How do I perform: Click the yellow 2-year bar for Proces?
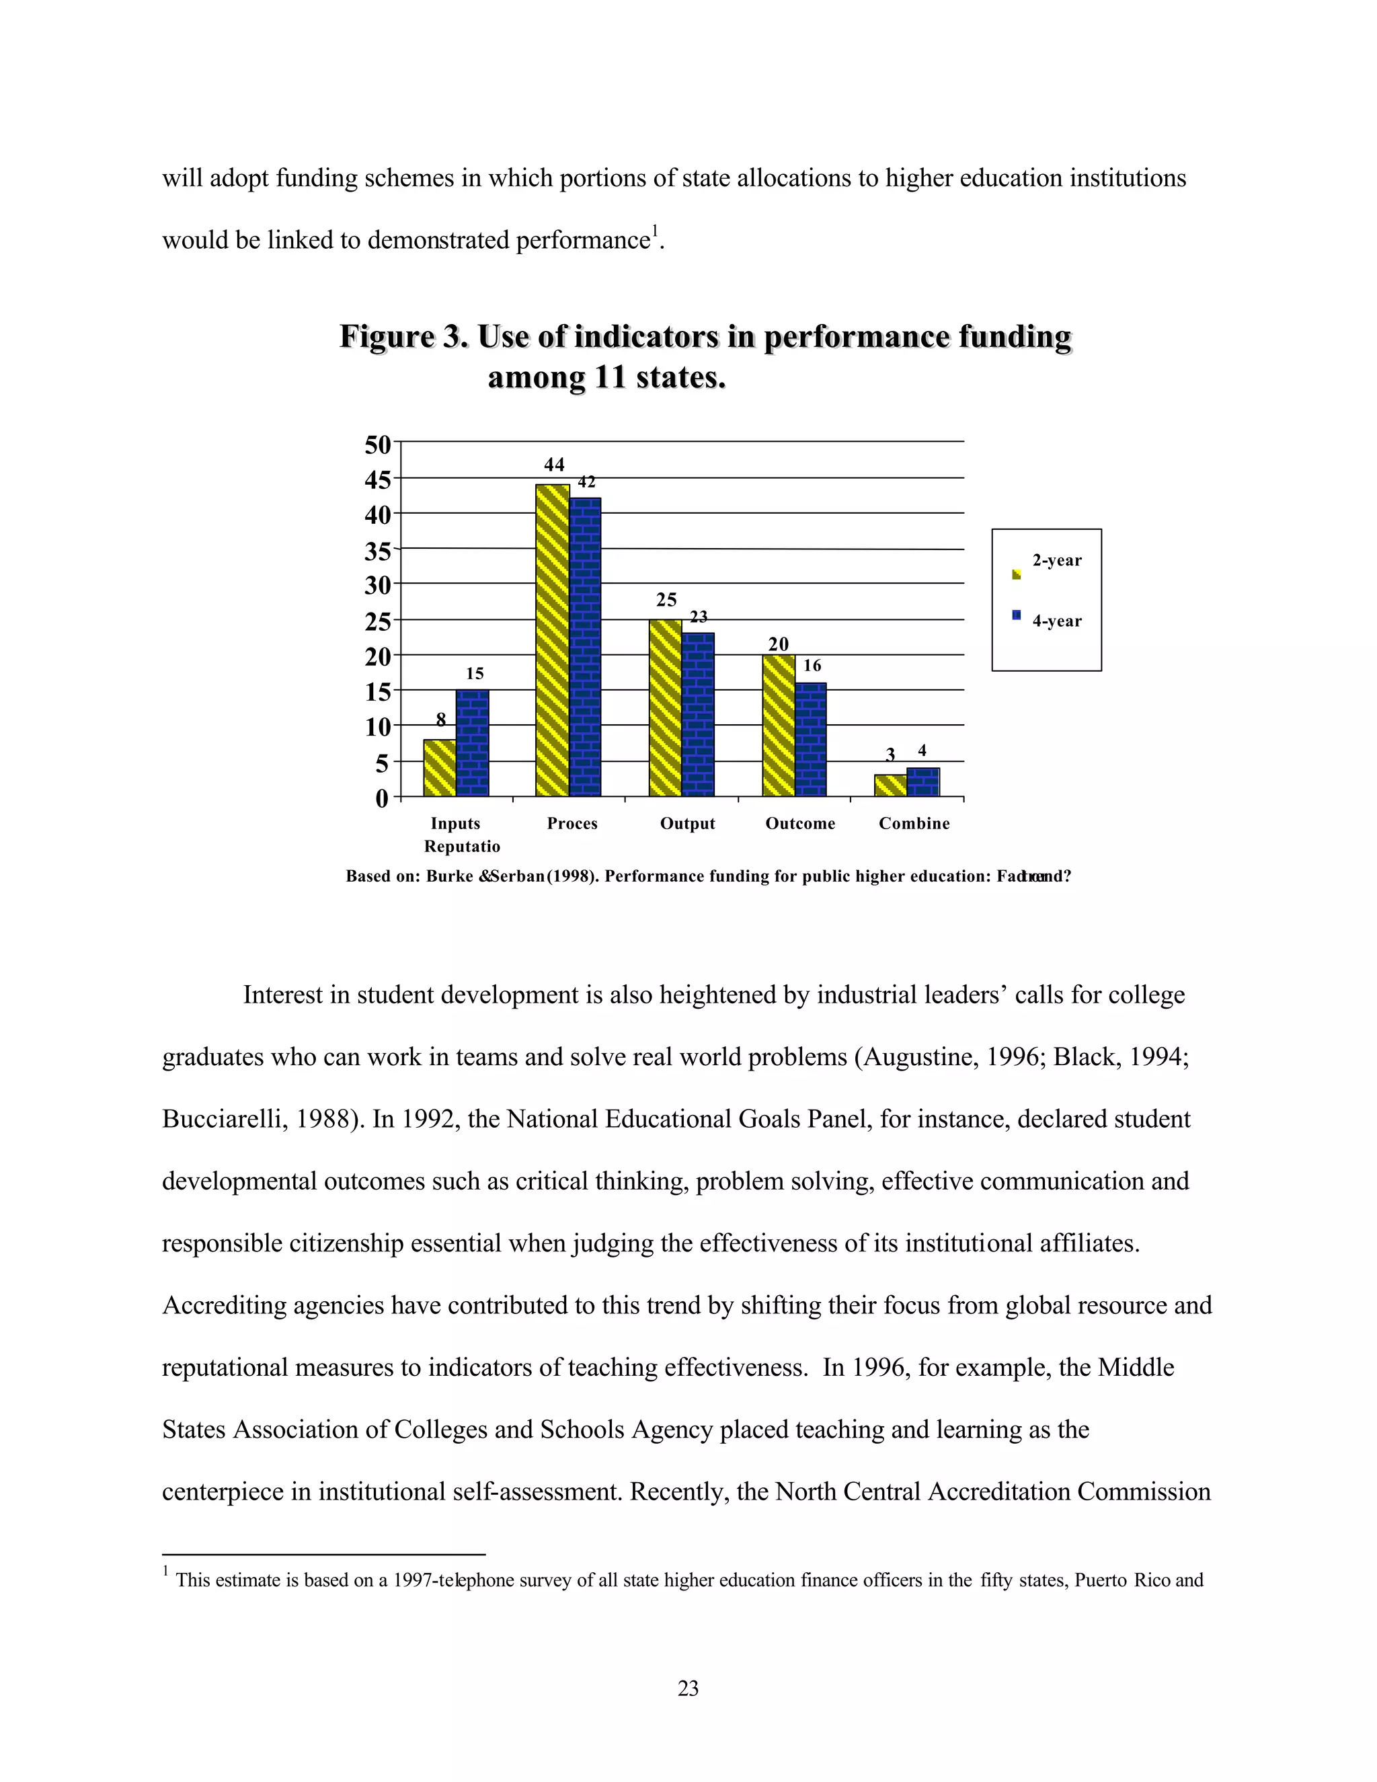pos(552,640)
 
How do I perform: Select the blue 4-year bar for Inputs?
pos(472,742)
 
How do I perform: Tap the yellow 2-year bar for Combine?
pos(890,785)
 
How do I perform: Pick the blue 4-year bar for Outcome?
pos(810,738)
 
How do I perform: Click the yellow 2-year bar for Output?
pos(665,707)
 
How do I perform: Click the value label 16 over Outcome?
pos(812,666)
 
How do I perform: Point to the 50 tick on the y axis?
pos(378,444)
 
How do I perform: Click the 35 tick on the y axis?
pos(378,551)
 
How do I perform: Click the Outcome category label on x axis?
pos(799,823)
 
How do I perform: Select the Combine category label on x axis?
pos(914,823)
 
